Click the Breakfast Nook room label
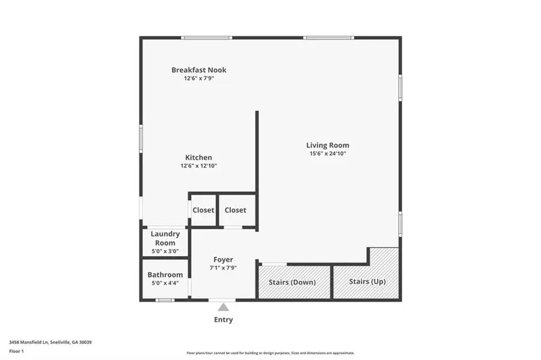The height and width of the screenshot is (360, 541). (x=198, y=70)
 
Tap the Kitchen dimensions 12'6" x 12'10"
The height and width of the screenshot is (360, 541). (x=198, y=166)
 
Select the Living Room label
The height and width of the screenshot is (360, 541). (x=328, y=145)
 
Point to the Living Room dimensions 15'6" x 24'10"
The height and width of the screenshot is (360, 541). (x=328, y=154)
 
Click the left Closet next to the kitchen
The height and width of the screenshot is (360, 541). (x=203, y=210)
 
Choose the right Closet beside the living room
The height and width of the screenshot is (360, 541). (x=236, y=210)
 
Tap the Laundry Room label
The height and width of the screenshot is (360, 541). (x=165, y=239)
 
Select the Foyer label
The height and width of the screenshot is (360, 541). (x=223, y=260)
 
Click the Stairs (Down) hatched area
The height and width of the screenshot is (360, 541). (x=295, y=282)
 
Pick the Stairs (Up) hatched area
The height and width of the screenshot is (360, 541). (x=367, y=281)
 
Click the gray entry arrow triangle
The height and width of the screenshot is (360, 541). (x=223, y=307)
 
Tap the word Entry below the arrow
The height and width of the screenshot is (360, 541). (x=223, y=320)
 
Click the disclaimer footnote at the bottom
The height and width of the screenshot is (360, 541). (x=270, y=353)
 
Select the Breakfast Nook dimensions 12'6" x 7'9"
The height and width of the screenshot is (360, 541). (x=198, y=79)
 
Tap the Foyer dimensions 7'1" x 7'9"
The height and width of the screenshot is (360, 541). (x=223, y=268)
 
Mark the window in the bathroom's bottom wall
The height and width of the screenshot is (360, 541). (x=165, y=300)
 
